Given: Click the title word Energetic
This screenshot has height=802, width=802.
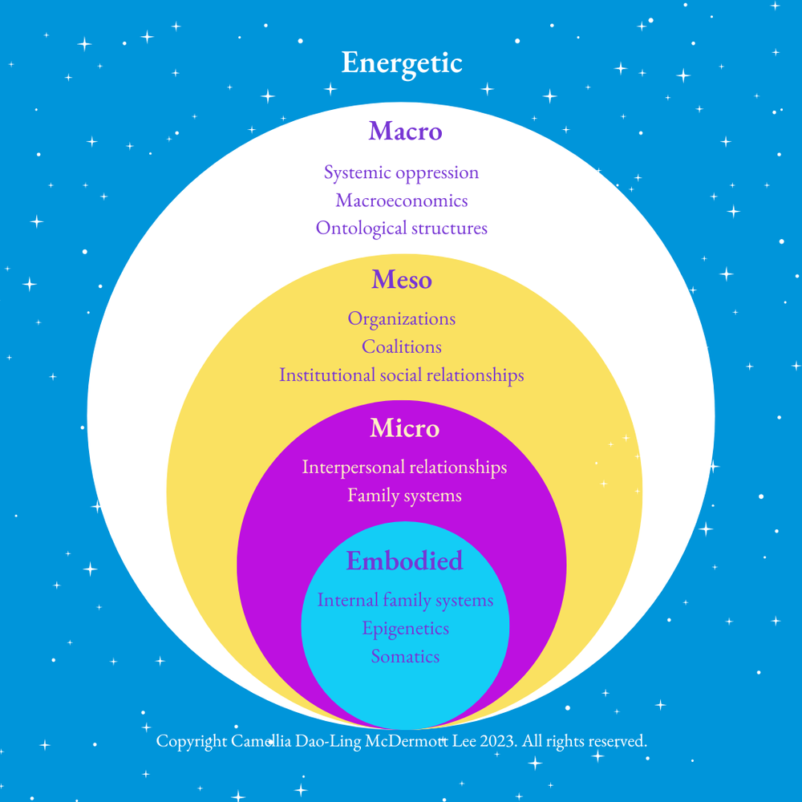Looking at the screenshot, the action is pyautogui.click(x=402, y=63).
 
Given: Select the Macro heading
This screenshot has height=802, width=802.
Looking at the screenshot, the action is pyautogui.click(x=405, y=131).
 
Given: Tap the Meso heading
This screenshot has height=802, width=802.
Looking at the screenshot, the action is pyautogui.click(x=402, y=280).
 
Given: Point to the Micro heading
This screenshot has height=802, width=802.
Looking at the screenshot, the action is pyautogui.click(x=404, y=428).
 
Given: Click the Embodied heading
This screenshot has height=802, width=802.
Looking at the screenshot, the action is pyautogui.click(x=404, y=561).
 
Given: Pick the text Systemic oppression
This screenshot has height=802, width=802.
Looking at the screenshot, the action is pyautogui.click(x=401, y=172).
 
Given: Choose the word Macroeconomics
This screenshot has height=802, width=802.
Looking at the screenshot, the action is pyautogui.click(x=402, y=200).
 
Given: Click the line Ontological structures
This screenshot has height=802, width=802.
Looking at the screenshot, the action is pyautogui.click(x=402, y=228).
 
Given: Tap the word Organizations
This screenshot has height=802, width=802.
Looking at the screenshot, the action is pyautogui.click(x=401, y=319).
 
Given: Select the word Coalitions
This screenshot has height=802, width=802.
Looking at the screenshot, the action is pyautogui.click(x=402, y=346).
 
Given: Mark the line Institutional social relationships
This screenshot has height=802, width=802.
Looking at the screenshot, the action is pyautogui.click(x=401, y=375).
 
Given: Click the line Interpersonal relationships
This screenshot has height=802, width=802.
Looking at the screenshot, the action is pyautogui.click(x=404, y=467).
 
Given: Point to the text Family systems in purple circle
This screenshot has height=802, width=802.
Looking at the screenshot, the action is pyautogui.click(x=404, y=496).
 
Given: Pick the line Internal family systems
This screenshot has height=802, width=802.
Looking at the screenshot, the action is pyautogui.click(x=405, y=600).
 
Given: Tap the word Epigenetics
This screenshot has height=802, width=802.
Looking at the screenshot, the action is pyautogui.click(x=405, y=628).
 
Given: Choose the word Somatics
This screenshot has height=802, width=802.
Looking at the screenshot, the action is pyautogui.click(x=405, y=656).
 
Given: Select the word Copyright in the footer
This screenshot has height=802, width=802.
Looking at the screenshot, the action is pyautogui.click(x=192, y=742).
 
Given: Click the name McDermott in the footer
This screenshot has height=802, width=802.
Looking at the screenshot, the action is pyautogui.click(x=410, y=742).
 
